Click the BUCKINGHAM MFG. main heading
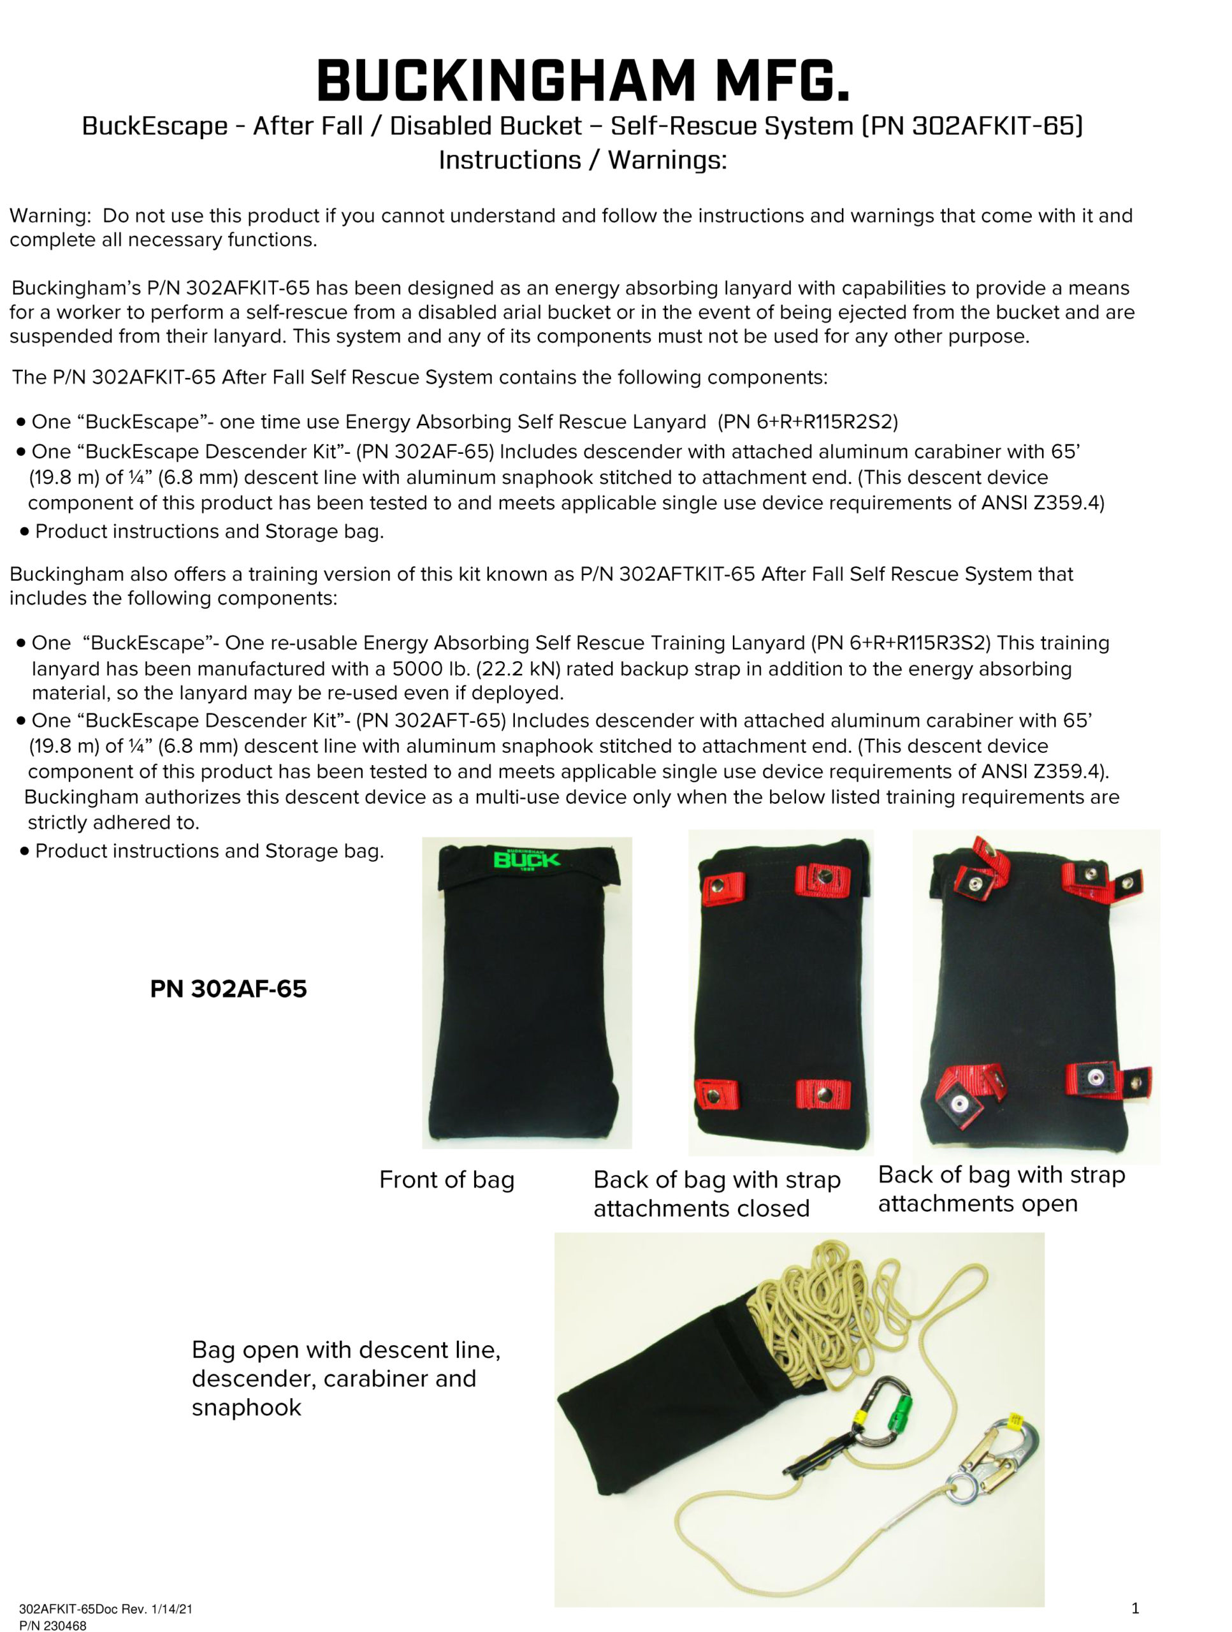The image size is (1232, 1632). [x=583, y=81]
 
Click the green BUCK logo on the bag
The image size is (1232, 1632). [x=526, y=859]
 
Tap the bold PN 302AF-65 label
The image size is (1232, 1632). [x=228, y=989]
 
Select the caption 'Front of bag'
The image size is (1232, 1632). [x=446, y=1180]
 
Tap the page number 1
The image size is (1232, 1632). [x=1135, y=1608]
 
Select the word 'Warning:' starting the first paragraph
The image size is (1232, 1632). [x=50, y=215]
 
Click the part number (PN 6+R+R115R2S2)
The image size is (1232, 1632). [x=807, y=422]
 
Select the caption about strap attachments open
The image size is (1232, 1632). [x=1001, y=1188]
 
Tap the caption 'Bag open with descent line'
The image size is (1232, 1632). [x=346, y=1350]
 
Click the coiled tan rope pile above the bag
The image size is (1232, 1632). [x=819, y=1299]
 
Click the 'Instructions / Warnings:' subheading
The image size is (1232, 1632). [x=583, y=160]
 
